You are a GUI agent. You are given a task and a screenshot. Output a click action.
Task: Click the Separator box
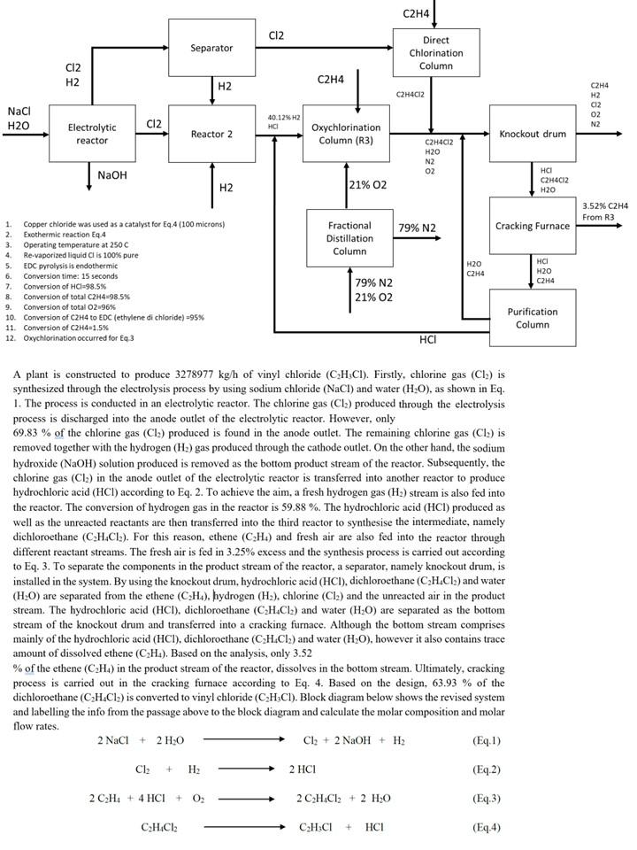(x=211, y=48)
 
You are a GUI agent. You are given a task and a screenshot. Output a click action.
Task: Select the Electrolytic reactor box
(x=92, y=134)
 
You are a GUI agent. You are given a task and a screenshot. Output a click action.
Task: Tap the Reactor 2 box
(x=211, y=134)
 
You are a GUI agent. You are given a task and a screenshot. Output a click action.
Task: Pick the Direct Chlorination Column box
(x=435, y=52)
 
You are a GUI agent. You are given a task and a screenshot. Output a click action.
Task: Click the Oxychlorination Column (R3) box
(x=346, y=134)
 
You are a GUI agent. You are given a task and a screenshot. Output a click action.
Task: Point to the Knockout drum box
(x=532, y=134)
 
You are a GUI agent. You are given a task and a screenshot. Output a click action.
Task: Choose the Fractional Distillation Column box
(x=349, y=238)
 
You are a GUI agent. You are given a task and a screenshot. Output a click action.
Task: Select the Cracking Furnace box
(x=532, y=226)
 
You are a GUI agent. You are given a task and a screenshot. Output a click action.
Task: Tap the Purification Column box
(x=532, y=317)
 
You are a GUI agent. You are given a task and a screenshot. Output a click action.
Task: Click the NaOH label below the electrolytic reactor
(x=112, y=175)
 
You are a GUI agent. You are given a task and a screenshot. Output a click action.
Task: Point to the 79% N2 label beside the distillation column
(x=417, y=228)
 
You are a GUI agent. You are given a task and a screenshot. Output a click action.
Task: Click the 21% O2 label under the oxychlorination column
(x=372, y=184)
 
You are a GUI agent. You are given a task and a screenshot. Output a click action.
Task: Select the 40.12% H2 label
(x=284, y=117)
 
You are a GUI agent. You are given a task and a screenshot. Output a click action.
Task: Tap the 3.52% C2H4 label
(x=605, y=206)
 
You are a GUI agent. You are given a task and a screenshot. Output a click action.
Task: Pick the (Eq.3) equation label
(x=487, y=799)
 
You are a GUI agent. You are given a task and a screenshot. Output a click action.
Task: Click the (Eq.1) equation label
(x=487, y=740)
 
